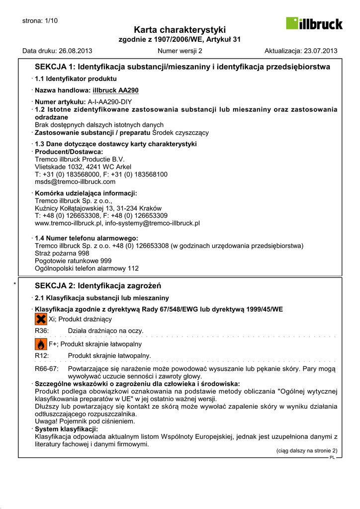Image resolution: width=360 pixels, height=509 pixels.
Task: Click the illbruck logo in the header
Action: pyautogui.click(x=314, y=23)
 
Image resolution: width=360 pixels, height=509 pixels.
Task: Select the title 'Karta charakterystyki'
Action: pyautogui.click(x=180, y=30)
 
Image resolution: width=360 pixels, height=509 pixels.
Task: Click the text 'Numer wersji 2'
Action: pyautogui.click(x=180, y=51)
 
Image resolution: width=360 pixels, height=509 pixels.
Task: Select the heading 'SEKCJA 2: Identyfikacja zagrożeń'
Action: pyautogui.click(x=98, y=286)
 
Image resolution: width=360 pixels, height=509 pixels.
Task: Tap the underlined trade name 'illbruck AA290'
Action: pyautogui.click(x=115, y=90)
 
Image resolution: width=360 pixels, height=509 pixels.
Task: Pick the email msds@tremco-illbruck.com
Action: pyautogui.click(x=75, y=182)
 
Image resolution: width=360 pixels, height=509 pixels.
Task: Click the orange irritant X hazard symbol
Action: pyautogui.click(x=41, y=319)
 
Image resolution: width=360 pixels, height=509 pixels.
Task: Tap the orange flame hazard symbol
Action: pyautogui.click(x=41, y=344)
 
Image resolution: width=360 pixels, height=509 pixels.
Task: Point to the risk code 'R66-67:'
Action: pyautogui.click(x=47, y=369)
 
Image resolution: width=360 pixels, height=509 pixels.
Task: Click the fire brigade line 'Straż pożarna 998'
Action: pyautogui.click(x=62, y=254)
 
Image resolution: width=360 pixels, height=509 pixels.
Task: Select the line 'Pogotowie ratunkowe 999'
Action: pyautogui.click(x=73, y=261)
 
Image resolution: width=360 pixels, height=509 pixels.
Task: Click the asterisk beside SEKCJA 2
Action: pyautogui.click(x=15, y=284)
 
